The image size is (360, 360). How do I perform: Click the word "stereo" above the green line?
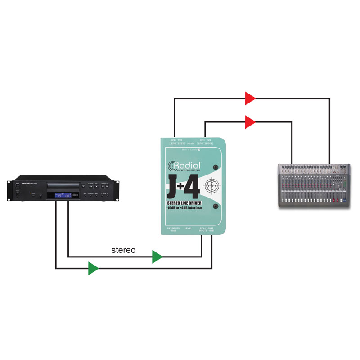tap(123, 250)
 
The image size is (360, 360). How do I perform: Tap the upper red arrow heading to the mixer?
tap(250, 98)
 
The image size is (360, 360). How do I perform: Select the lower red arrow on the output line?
tap(250, 121)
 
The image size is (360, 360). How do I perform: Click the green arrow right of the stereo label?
tap(157, 257)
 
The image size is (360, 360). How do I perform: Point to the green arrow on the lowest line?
tap(93, 268)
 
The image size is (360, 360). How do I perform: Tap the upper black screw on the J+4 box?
tap(216, 166)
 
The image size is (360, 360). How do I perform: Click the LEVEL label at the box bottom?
tap(188, 229)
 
